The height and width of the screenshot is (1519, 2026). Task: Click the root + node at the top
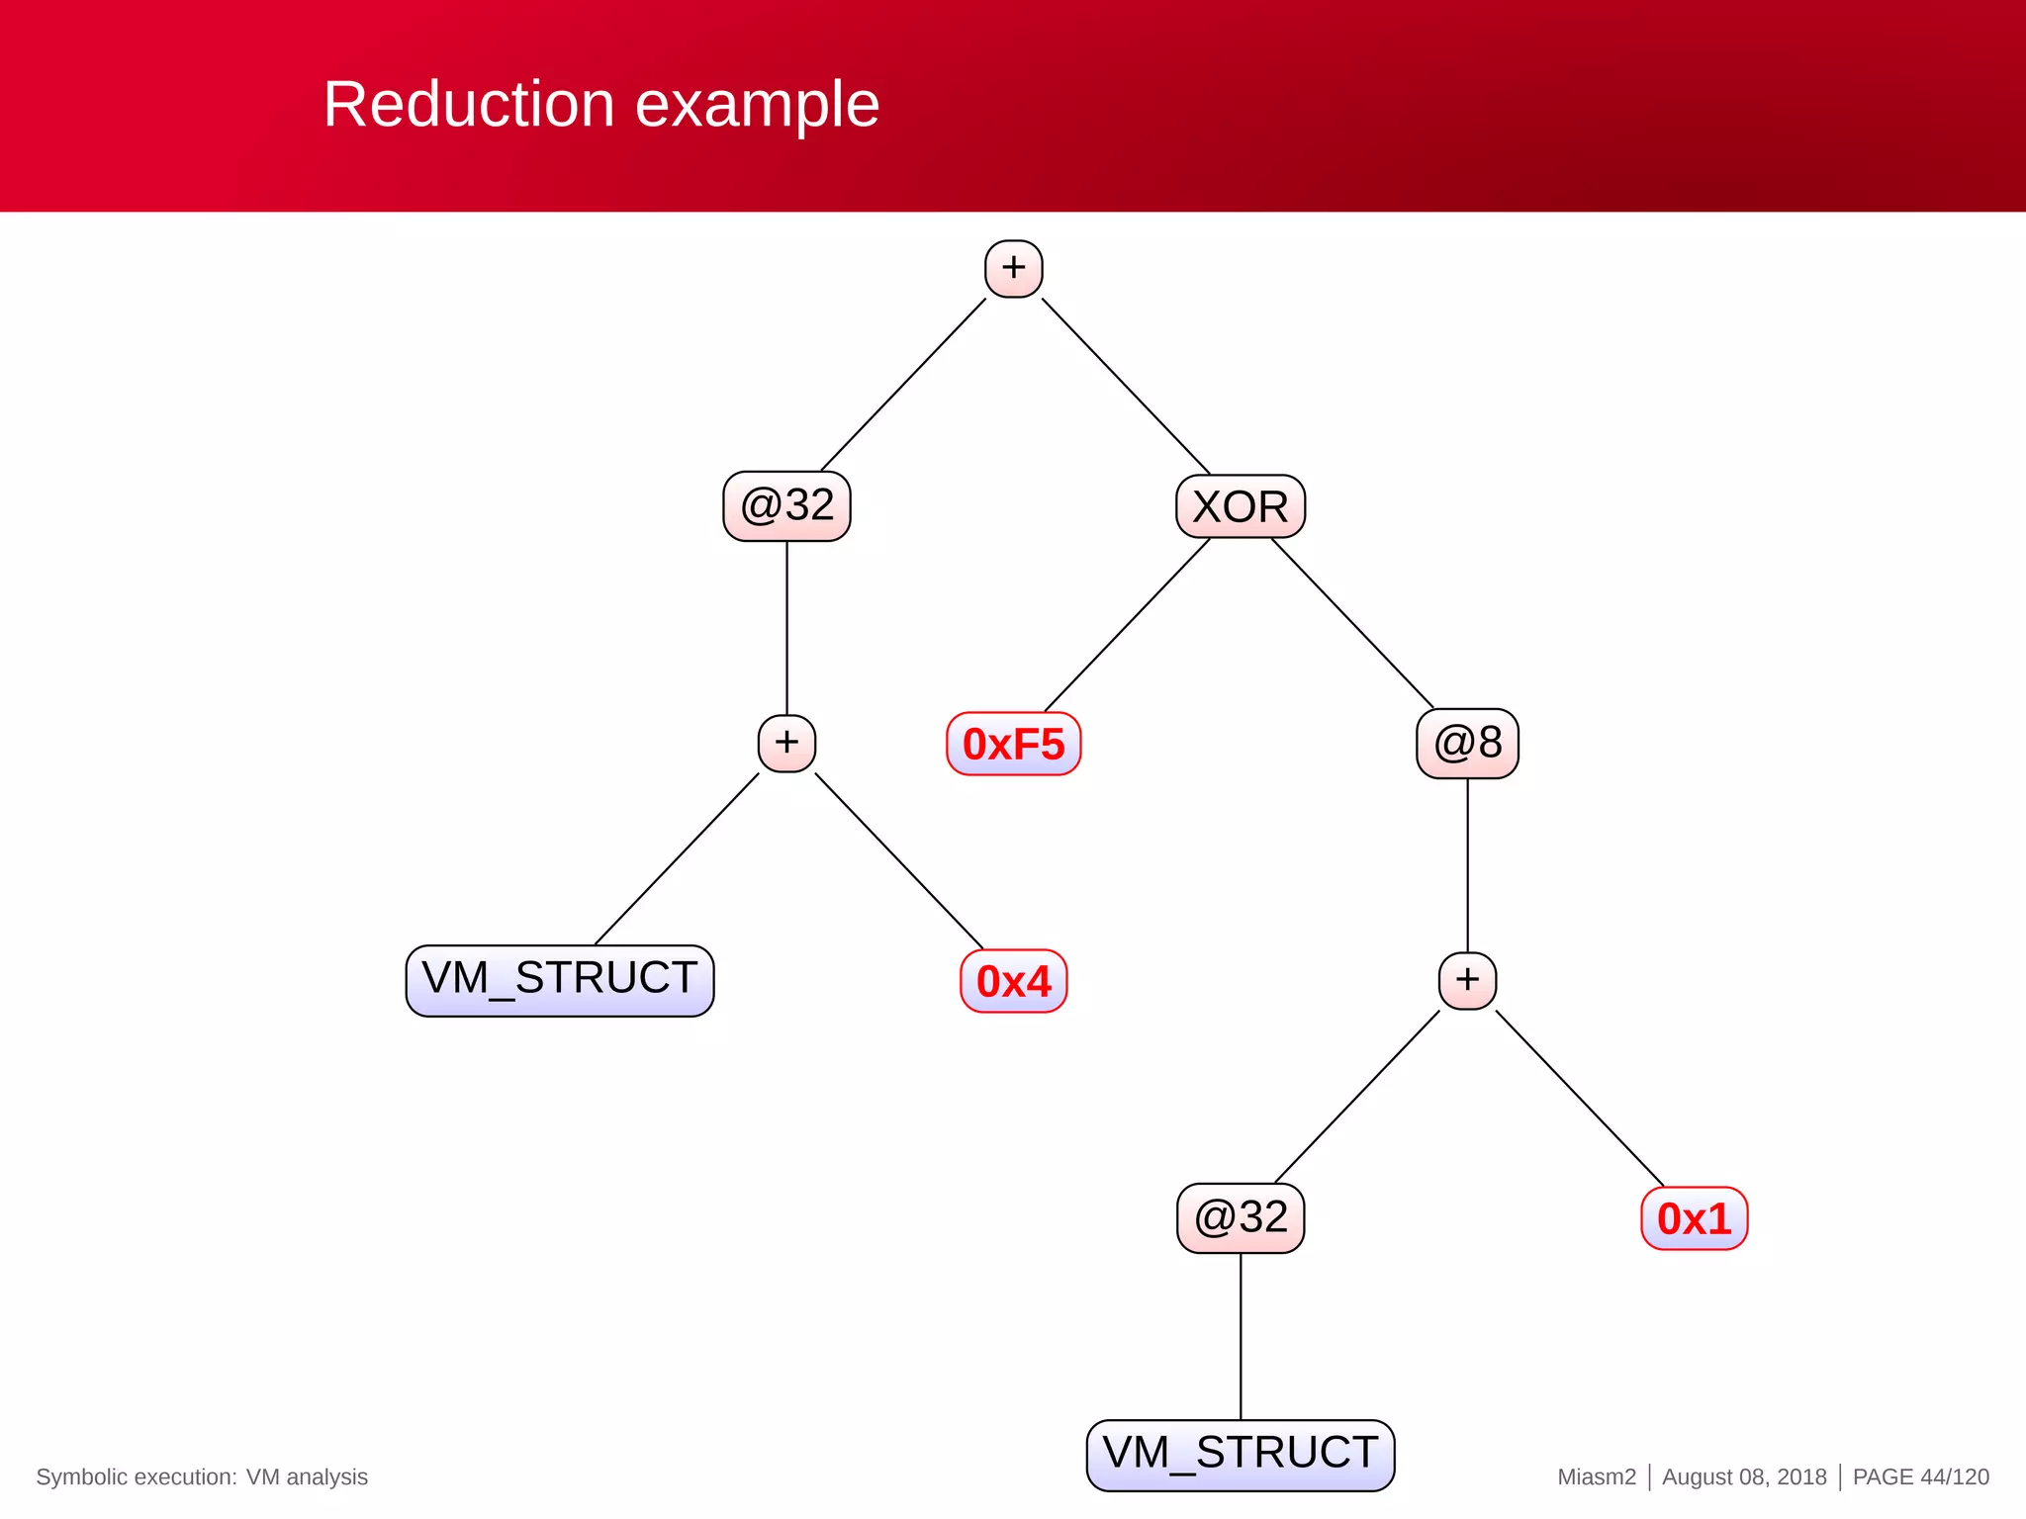[x=1013, y=268]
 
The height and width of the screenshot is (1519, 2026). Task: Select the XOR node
[x=1240, y=506]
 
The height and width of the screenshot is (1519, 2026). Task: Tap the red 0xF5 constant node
[x=1013, y=744]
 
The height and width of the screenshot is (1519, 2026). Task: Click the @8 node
[x=1467, y=743]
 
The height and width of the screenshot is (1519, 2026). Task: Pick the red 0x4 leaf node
[x=1013, y=981]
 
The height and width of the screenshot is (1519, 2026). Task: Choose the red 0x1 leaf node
[x=1694, y=1218]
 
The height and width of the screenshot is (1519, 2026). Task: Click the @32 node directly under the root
[x=786, y=505]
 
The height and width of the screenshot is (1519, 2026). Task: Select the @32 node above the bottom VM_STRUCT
[x=1240, y=1217]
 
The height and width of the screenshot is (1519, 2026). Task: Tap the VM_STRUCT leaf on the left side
[x=559, y=980]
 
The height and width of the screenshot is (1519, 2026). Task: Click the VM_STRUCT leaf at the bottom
[x=1240, y=1455]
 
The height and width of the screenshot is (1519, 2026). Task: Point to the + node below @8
[x=1467, y=980]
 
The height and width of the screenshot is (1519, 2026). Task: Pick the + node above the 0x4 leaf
[x=786, y=743]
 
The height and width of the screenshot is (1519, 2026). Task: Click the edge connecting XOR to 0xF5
[x=1128, y=624]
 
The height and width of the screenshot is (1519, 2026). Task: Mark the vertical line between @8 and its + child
[x=1467, y=865]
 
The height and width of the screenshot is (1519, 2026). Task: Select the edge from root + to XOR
[x=1126, y=386]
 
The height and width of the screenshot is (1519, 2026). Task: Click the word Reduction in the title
[x=468, y=104]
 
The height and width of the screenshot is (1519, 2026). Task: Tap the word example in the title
[x=756, y=104]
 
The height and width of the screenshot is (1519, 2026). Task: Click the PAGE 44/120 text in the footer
[x=1920, y=1476]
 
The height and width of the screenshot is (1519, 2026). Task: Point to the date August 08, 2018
[x=1743, y=1476]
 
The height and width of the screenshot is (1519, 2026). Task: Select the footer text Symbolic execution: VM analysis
[x=202, y=1476]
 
